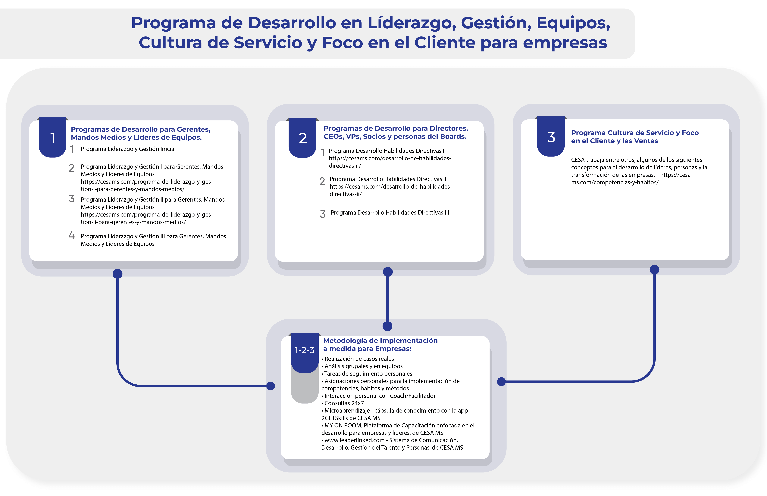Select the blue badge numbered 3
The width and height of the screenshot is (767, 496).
tap(551, 137)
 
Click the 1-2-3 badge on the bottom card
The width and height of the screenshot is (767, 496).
tap(304, 350)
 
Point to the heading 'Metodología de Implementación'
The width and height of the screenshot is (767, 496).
tap(380, 340)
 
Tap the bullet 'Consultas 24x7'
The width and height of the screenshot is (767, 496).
tap(344, 403)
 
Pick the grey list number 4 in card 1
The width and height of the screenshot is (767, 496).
tap(71, 235)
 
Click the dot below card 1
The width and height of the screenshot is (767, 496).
tap(118, 274)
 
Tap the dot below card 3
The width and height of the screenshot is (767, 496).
tap(654, 270)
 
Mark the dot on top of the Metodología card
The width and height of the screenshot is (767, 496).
tap(387, 326)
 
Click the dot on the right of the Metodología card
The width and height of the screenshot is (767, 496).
tap(501, 382)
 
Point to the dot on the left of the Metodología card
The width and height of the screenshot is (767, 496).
tap(271, 386)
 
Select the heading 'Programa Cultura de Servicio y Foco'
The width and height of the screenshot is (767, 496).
tap(635, 133)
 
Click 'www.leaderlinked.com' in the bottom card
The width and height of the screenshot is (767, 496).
tap(354, 440)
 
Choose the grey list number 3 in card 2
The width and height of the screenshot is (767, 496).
tap(322, 214)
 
